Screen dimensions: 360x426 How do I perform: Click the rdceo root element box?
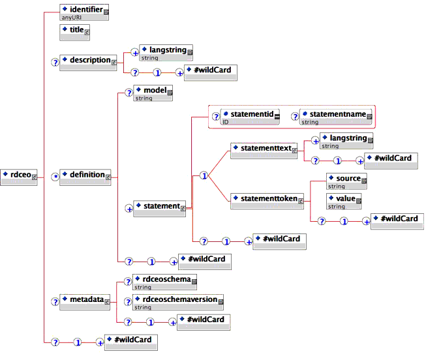tap(20, 175)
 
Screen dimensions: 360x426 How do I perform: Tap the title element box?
tap(75, 30)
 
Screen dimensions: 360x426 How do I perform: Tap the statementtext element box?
tap(263, 151)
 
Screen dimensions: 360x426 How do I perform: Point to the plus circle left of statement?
tap(129, 208)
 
